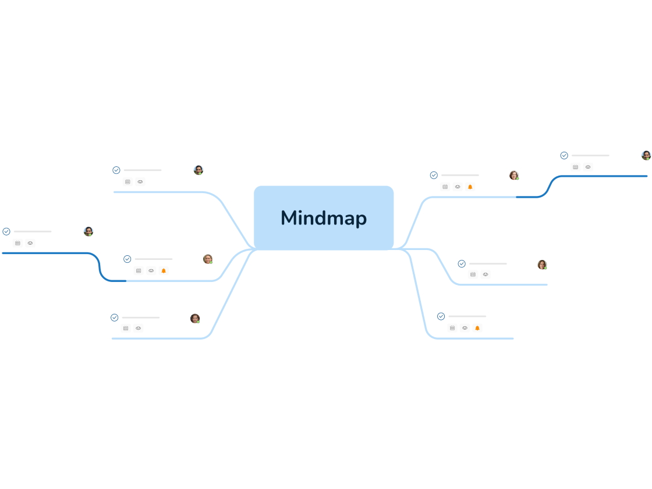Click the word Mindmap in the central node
click(324, 218)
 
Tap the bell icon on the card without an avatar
click(477, 328)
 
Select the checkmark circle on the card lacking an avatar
click(441, 316)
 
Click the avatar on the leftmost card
click(88, 231)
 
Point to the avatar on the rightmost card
click(646, 155)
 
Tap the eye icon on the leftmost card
click(30, 243)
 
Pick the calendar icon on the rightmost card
click(575, 167)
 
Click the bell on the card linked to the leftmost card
click(164, 270)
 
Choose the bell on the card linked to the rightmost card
click(470, 187)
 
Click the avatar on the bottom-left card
click(195, 319)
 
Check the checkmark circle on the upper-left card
click(116, 170)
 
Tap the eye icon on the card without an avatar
click(465, 328)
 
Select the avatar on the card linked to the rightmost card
click(514, 175)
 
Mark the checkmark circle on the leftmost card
click(6, 231)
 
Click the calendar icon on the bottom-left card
click(126, 328)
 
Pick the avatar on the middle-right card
click(542, 265)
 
